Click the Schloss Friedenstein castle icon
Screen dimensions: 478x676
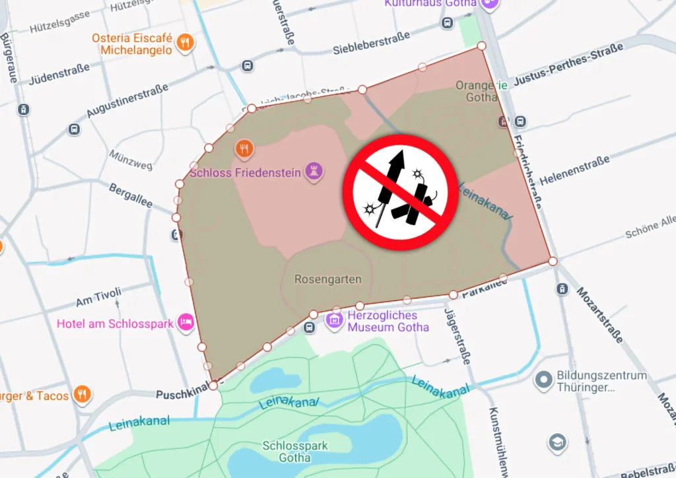(x=314, y=172)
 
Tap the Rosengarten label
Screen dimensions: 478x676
(x=328, y=279)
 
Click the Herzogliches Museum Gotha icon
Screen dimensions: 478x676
(x=335, y=321)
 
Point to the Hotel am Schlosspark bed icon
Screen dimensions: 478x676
(x=186, y=323)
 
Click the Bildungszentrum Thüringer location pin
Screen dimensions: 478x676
(x=543, y=380)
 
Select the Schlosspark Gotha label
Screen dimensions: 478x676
(x=295, y=452)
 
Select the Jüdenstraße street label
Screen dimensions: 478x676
(x=59, y=73)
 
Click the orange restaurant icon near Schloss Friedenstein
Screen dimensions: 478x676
(x=244, y=149)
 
